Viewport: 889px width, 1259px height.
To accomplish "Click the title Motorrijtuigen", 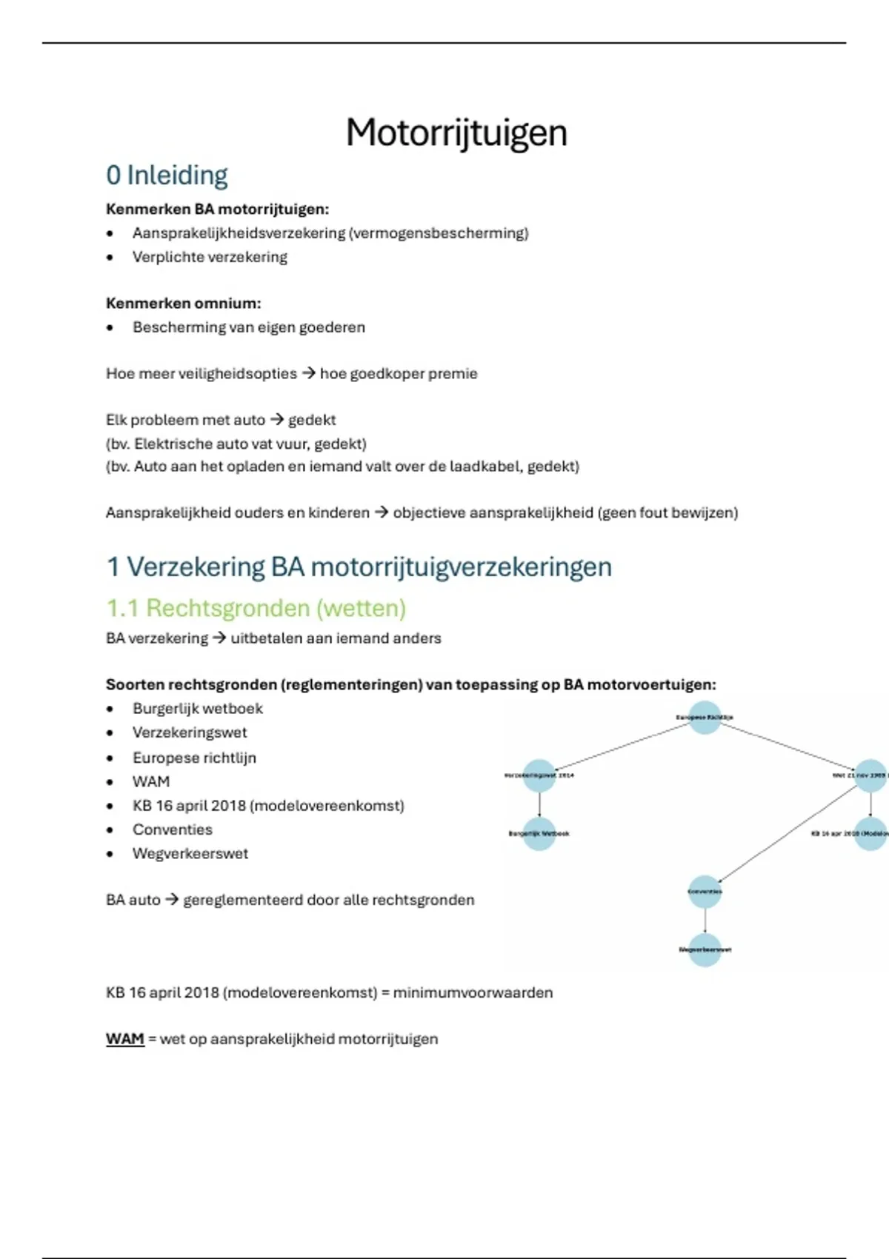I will [x=456, y=133].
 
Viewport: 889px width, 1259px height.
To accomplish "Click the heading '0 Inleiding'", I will [x=167, y=176].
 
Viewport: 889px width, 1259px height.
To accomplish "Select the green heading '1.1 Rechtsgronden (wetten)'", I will [x=256, y=608].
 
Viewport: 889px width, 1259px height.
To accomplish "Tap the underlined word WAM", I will [x=124, y=1039].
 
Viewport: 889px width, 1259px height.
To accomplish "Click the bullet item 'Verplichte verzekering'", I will [x=210, y=257].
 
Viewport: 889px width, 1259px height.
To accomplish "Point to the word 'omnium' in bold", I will [x=234, y=303].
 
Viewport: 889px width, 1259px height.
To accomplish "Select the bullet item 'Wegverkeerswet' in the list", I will [x=190, y=853].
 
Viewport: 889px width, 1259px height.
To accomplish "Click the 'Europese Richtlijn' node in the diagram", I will [x=705, y=717].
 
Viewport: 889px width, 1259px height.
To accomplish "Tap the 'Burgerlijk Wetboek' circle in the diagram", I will [x=539, y=833].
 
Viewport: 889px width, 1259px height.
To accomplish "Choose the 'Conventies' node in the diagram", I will [x=705, y=892].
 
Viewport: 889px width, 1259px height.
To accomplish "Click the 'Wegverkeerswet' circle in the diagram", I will [x=705, y=949].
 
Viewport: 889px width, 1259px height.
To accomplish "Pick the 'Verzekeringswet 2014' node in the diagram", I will [x=539, y=775].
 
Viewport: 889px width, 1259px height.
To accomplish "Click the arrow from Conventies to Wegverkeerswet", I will [x=705, y=921].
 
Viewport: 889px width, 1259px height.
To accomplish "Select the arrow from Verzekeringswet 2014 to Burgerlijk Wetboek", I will [x=539, y=804].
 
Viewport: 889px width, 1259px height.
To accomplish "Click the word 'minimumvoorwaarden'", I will [x=473, y=992].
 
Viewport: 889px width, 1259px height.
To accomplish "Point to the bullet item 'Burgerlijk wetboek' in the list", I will [x=198, y=709].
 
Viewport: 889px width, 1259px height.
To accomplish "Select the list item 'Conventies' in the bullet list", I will [x=173, y=829].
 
